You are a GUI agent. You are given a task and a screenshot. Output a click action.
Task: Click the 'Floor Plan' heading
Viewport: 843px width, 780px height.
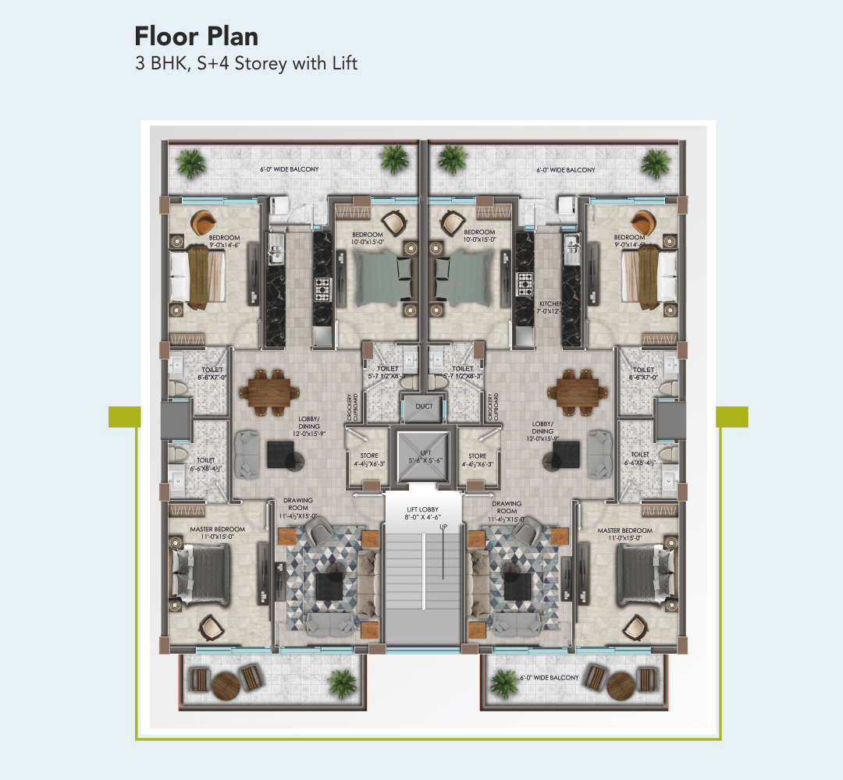[196, 36]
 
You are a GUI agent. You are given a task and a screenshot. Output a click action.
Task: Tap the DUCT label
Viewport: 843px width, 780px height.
[424, 406]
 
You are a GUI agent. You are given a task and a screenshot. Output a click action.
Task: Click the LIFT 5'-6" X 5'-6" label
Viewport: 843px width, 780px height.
[423, 456]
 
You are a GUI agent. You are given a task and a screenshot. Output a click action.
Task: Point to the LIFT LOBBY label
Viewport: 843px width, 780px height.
[423, 511]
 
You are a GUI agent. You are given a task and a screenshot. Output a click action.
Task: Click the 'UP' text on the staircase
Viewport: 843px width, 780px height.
[443, 527]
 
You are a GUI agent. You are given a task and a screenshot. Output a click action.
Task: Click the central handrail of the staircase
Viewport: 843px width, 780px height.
[424, 573]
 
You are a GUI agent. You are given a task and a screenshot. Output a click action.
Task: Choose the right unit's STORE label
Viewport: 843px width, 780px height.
[477, 460]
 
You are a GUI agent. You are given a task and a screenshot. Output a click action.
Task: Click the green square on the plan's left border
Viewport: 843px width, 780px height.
[124, 417]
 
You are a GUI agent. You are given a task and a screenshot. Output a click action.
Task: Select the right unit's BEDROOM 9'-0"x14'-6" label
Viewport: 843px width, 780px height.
[629, 241]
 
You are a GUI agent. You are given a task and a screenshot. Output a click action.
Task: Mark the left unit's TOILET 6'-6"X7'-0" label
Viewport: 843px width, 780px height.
[212, 374]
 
